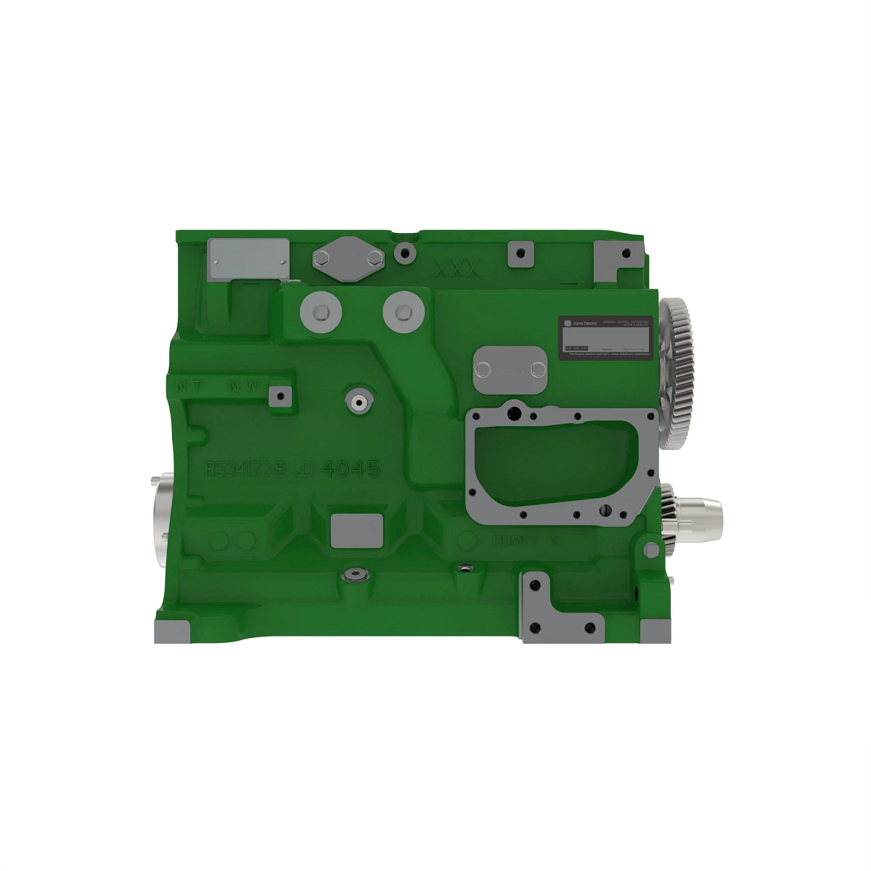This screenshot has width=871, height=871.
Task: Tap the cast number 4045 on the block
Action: click(x=351, y=469)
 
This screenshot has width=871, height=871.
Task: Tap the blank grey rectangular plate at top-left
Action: click(x=248, y=258)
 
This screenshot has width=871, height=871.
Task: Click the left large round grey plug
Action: click(x=319, y=312)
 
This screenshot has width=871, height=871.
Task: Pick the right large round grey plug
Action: click(x=402, y=312)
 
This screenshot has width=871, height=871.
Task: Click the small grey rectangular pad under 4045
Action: click(x=356, y=531)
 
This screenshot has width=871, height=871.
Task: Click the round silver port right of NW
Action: click(x=359, y=400)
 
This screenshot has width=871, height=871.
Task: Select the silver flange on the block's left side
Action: click(x=163, y=519)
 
